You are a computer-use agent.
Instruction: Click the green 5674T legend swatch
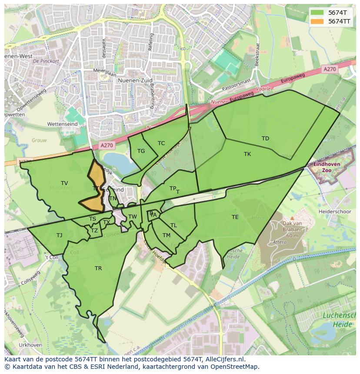(317, 13)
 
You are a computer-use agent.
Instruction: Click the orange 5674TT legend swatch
(317, 21)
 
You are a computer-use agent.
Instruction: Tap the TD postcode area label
(265, 139)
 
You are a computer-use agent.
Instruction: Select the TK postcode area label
(247, 154)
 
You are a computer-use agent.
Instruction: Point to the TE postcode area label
(235, 217)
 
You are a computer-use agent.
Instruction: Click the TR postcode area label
(98, 268)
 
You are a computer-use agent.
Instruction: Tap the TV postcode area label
(64, 183)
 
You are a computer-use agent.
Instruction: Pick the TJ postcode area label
(60, 235)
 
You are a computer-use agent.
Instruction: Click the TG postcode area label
(141, 151)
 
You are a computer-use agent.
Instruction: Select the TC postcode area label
(161, 143)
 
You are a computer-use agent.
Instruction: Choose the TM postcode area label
(167, 235)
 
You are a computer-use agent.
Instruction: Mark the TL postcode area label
(173, 225)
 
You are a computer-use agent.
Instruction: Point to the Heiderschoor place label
(335, 211)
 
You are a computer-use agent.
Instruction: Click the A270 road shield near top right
(330, 69)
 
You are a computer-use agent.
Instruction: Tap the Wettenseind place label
(62, 124)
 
